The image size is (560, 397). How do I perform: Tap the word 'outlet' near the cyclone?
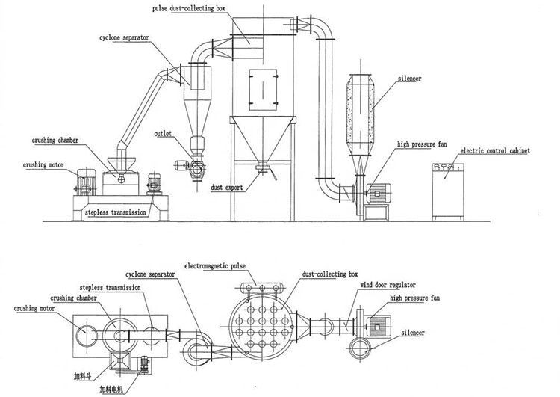pos(164,134)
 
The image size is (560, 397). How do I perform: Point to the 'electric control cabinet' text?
pos(494,151)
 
